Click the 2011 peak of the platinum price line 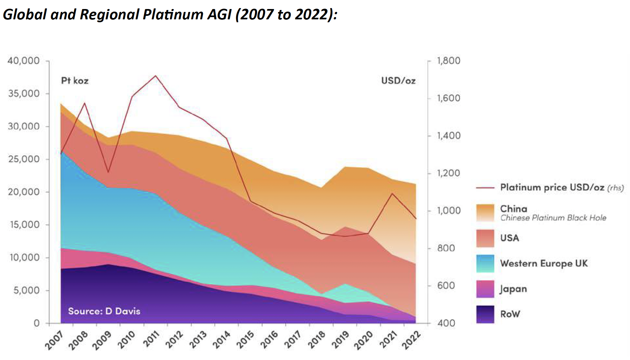click(156, 76)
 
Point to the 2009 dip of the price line click(108, 172)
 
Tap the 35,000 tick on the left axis click(24, 94)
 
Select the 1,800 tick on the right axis click(449, 61)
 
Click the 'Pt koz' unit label click(75, 81)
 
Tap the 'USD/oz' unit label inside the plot click(398, 81)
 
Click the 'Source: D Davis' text click(104, 311)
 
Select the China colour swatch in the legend click(485, 213)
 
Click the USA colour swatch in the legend click(485, 238)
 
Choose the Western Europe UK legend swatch click(485, 264)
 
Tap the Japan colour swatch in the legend click(485, 289)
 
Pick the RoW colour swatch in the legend click(485, 314)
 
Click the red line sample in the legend click(485, 187)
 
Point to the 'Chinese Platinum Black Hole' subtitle click(553, 218)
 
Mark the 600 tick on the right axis click(446, 286)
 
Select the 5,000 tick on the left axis click(26, 290)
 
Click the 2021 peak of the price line click(392, 194)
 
